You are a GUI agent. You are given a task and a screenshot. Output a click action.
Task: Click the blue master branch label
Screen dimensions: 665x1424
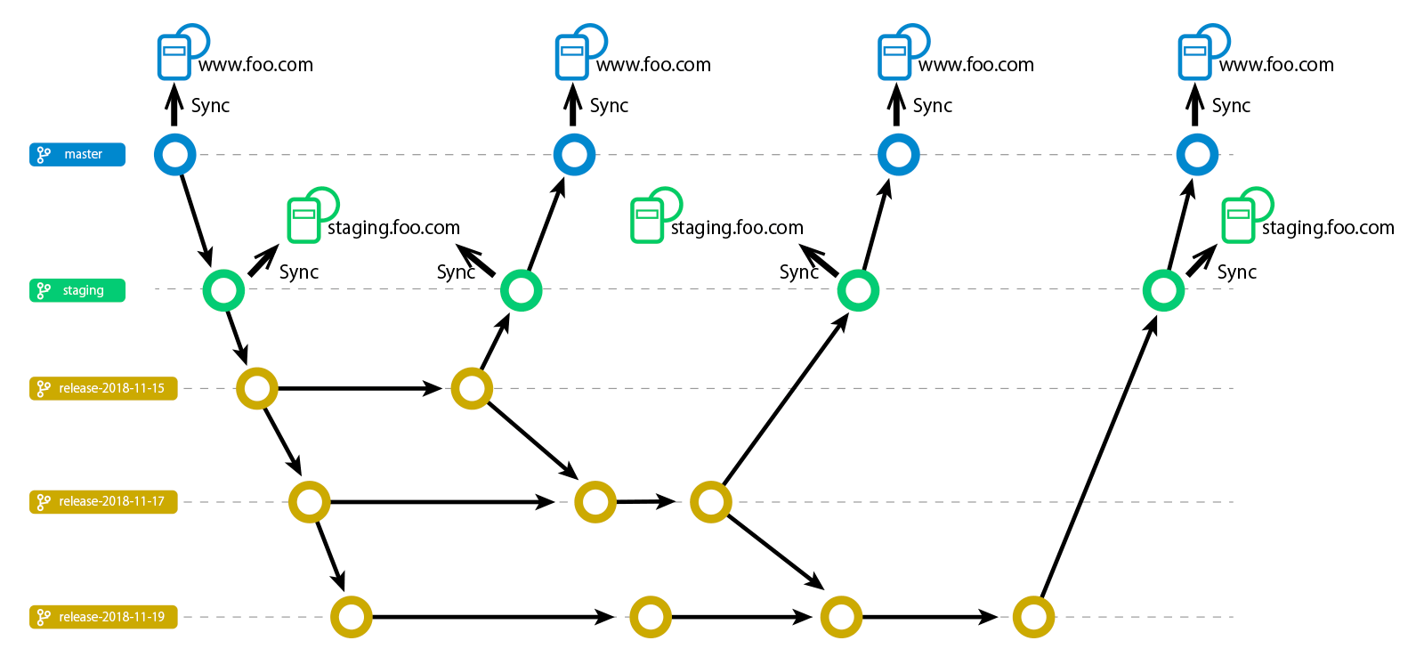77,155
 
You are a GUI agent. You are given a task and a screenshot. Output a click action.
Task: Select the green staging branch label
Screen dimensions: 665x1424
77,290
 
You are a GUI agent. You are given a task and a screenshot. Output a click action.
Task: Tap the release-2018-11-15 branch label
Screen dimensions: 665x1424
103,389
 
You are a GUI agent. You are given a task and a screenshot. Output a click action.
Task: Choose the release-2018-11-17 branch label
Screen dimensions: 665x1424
103,502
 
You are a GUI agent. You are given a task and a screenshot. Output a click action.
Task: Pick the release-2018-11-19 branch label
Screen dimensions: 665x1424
103,617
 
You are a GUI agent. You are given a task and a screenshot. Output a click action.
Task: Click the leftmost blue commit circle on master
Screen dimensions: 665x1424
175,155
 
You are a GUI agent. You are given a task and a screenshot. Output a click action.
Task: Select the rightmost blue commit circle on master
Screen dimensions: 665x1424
1197,155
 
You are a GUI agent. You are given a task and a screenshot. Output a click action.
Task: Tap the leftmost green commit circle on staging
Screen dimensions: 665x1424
223,290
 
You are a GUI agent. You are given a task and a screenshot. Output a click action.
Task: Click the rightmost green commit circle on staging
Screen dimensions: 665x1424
1163,290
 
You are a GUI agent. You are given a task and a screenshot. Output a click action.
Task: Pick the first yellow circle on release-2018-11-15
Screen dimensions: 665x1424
257,389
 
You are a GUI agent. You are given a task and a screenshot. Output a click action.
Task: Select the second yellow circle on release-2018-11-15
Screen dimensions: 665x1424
472,389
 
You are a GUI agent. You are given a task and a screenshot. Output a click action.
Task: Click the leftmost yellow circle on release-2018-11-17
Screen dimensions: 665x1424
310,502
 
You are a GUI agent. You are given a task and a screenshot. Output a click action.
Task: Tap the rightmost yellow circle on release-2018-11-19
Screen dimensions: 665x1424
1033,617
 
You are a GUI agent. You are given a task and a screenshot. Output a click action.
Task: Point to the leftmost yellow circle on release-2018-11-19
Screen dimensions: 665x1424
352,617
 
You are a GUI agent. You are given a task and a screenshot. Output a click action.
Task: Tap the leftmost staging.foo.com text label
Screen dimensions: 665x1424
393,228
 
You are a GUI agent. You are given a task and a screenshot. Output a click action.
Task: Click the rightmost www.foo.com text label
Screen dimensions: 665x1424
1276,65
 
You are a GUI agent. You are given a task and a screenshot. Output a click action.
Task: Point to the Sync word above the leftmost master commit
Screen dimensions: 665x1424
210,106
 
